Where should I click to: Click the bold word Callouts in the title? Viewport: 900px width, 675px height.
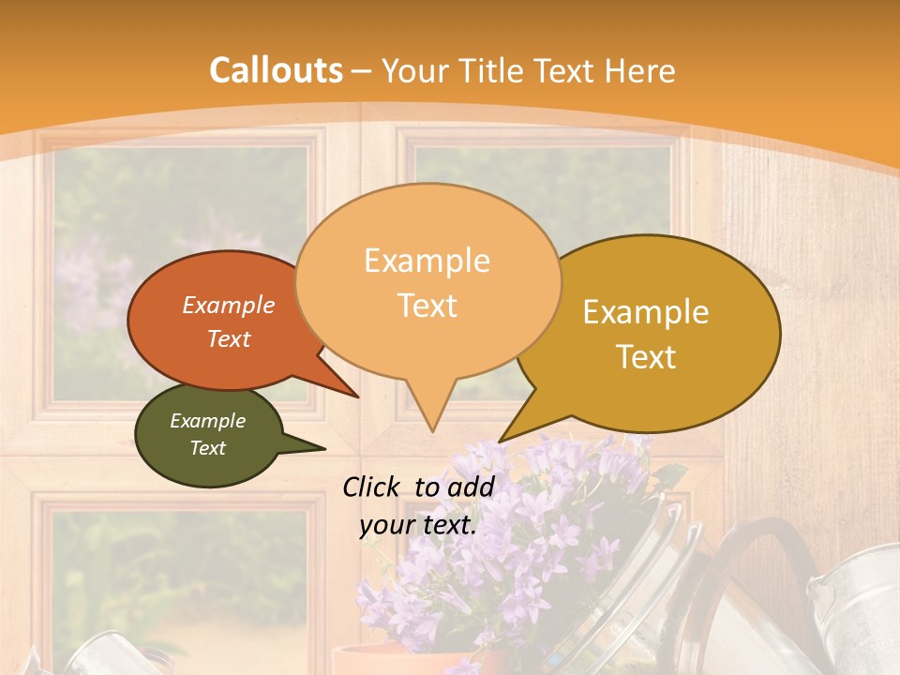coord(276,70)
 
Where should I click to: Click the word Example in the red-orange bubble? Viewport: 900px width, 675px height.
coord(229,305)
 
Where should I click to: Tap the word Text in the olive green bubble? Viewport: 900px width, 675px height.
coord(208,448)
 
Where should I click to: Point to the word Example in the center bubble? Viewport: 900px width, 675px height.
coord(427,261)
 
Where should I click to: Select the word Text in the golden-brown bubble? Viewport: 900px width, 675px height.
coord(646,357)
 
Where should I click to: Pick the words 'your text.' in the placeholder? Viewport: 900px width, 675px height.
coord(418,526)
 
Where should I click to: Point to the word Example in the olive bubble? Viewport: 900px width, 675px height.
coord(208,421)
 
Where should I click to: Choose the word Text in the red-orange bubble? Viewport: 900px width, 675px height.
coord(229,338)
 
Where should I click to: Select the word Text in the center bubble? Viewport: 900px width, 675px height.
coord(427,306)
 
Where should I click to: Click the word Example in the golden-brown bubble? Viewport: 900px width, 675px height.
coord(646,312)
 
